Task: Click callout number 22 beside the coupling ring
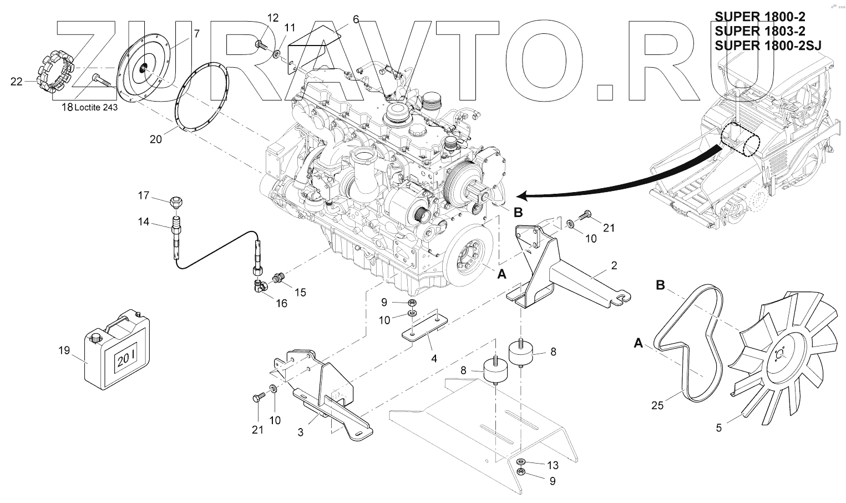(17, 82)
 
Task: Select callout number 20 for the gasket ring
(156, 139)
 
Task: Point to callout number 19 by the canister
(64, 350)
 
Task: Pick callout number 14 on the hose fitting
(144, 222)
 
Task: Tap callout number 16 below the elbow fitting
(282, 304)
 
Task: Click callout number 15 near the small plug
(300, 292)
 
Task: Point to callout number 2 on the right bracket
(614, 265)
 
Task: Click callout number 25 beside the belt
(657, 406)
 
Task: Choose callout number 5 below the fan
(719, 428)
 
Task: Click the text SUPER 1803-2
(759, 31)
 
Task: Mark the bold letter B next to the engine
(518, 212)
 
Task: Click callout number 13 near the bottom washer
(553, 465)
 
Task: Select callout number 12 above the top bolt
(272, 18)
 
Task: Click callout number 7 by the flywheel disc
(196, 34)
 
